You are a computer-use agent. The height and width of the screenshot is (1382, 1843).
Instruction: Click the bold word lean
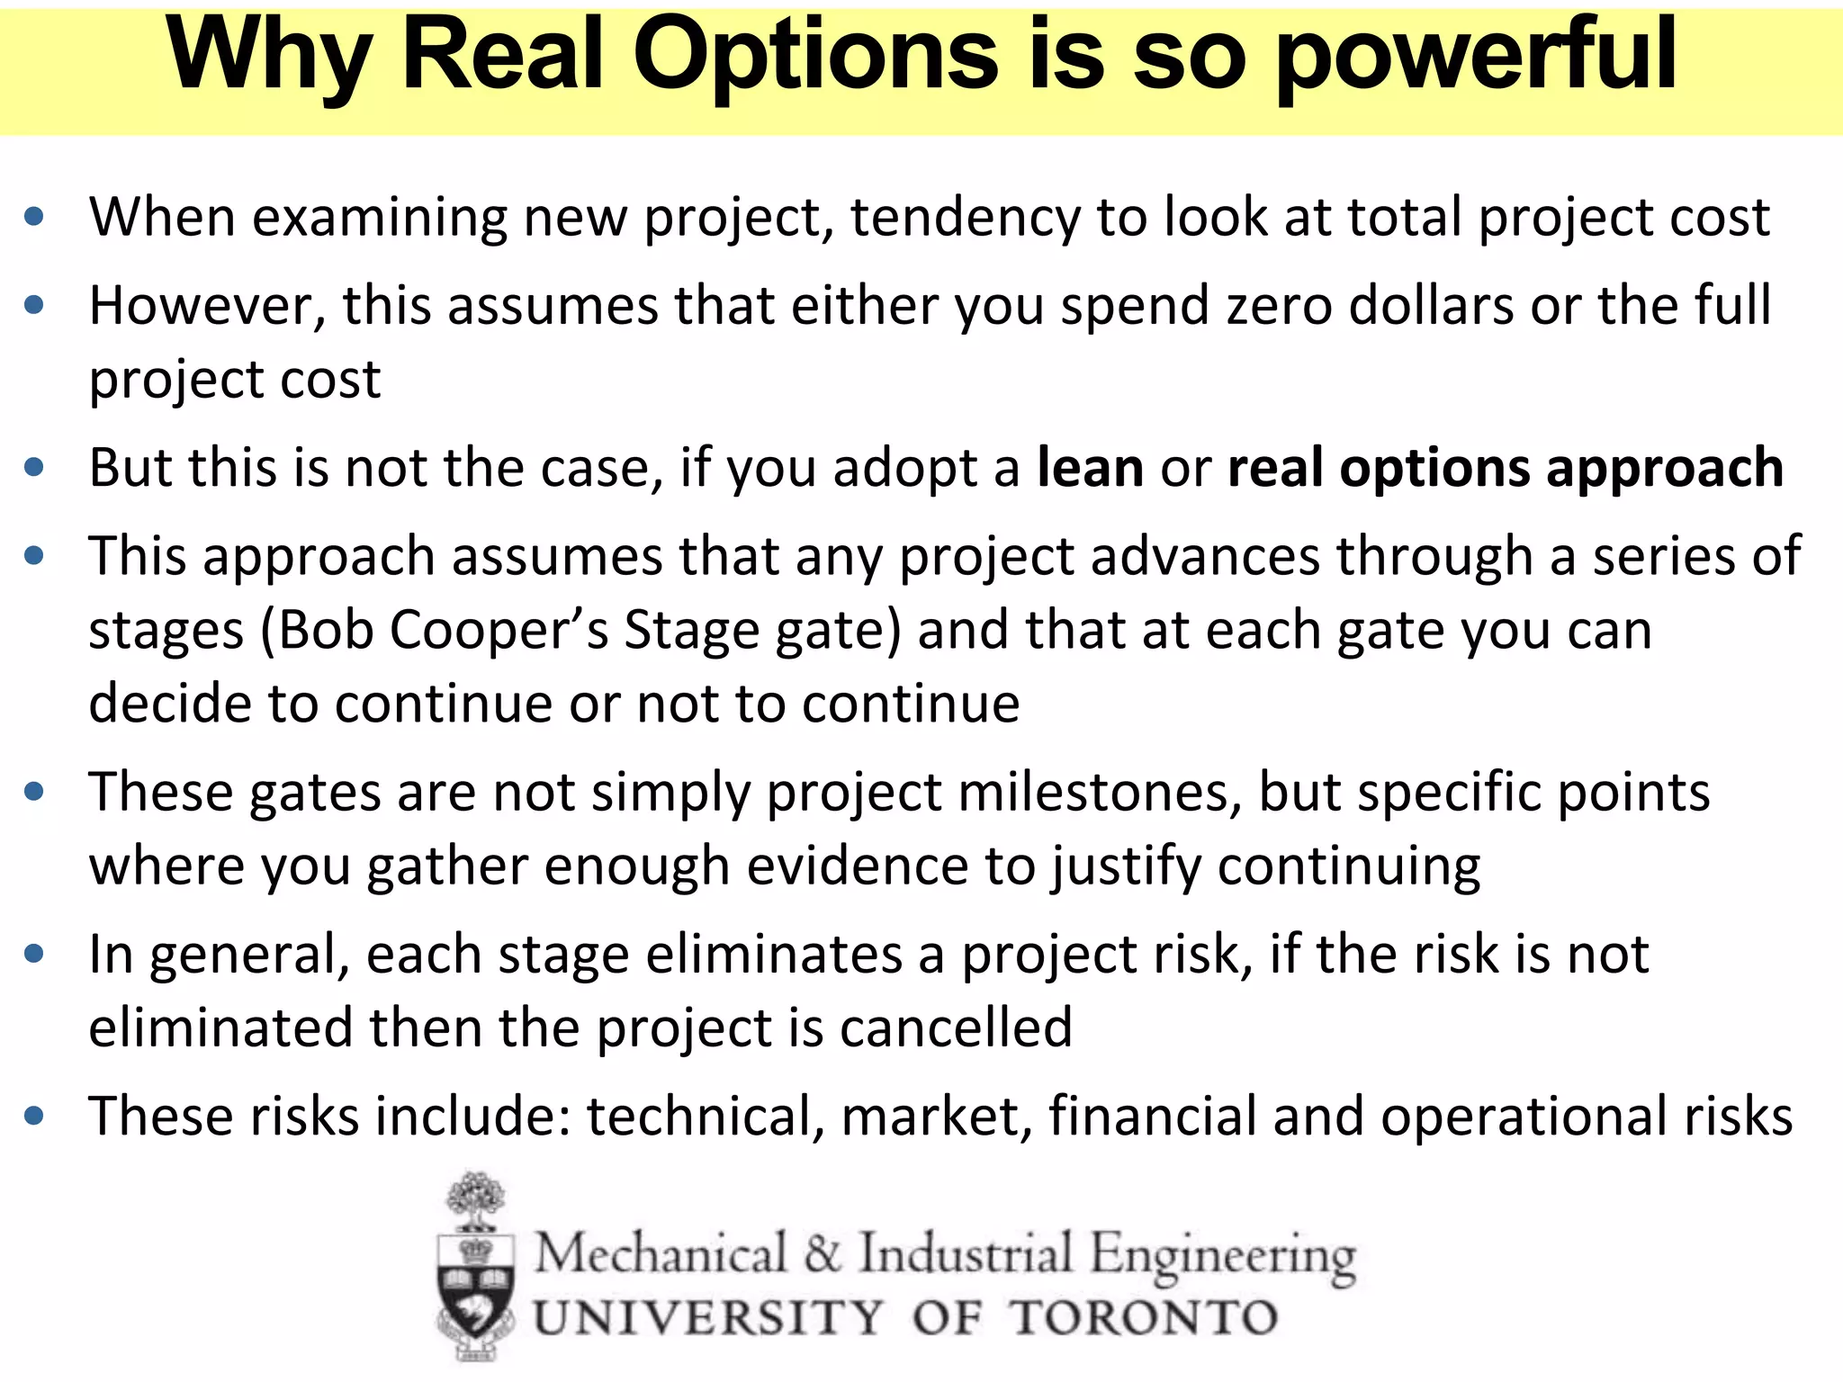(x=1090, y=468)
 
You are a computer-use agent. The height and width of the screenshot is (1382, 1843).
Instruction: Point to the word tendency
(x=964, y=219)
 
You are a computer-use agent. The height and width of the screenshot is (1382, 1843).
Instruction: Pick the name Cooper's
(x=499, y=630)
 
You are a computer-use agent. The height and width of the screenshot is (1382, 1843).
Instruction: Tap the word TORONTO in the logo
(x=1143, y=1318)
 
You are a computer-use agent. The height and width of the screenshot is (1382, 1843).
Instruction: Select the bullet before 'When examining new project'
(x=34, y=217)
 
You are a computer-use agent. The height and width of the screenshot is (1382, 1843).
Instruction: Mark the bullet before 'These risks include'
(x=34, y=1117)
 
